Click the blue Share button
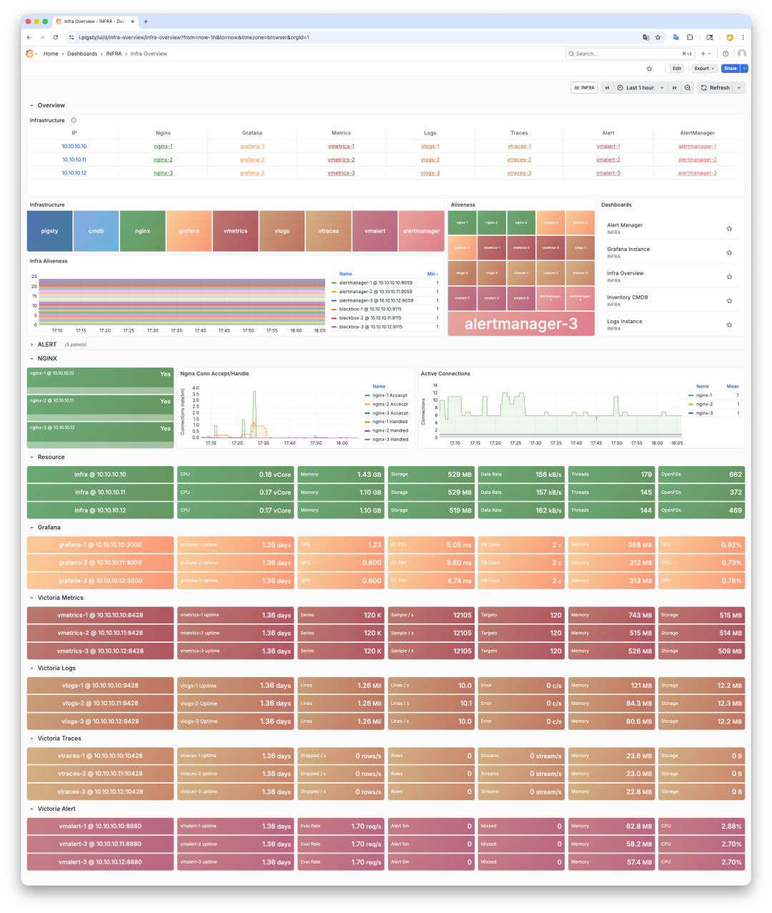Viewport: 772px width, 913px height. point(730,69)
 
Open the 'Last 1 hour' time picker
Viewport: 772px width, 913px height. point(640,88)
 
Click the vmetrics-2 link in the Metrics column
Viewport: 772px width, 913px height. point(341,160)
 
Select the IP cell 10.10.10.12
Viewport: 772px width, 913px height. point(74,173)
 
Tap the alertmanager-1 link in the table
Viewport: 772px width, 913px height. point(697,147)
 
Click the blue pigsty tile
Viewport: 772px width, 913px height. point(50,231)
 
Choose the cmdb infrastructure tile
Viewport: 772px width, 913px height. point(96,231)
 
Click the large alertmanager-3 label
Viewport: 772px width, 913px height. point(520,324)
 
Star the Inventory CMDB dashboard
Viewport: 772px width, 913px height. point(729,301)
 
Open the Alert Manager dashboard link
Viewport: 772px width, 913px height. point(625,225)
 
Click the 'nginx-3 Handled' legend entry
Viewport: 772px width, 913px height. point(390,440)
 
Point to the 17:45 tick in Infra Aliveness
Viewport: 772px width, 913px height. point(224,331)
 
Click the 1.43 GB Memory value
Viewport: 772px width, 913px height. point(370,475)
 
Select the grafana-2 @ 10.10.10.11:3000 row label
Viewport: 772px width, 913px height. point(100,563)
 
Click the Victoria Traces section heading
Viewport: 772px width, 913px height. point(59,739)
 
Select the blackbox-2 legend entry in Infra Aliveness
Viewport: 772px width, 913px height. point(370,318)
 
